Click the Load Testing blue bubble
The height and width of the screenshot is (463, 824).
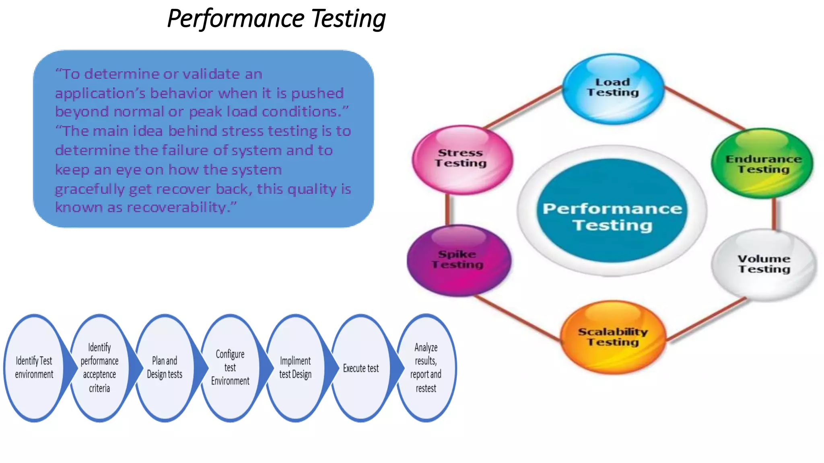(x=612, y=88)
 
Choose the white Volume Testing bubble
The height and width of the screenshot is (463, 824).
(x=764, y=264)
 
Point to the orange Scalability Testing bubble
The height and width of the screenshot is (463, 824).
(x=613, y=337)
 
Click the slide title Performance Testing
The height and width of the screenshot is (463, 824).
(x=276, y=19)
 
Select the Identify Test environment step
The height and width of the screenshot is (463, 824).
(x=34, y=367)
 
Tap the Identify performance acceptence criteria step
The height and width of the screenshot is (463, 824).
(x=99, y=367)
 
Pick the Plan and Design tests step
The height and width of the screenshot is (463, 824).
(x=165, y=367)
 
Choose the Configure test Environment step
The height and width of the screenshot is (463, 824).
(x=230, y=367)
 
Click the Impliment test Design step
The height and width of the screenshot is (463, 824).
(x=295, y=367)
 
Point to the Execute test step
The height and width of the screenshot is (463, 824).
(x=361, y=368)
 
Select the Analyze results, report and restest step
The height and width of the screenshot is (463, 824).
(x=426, y=367)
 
